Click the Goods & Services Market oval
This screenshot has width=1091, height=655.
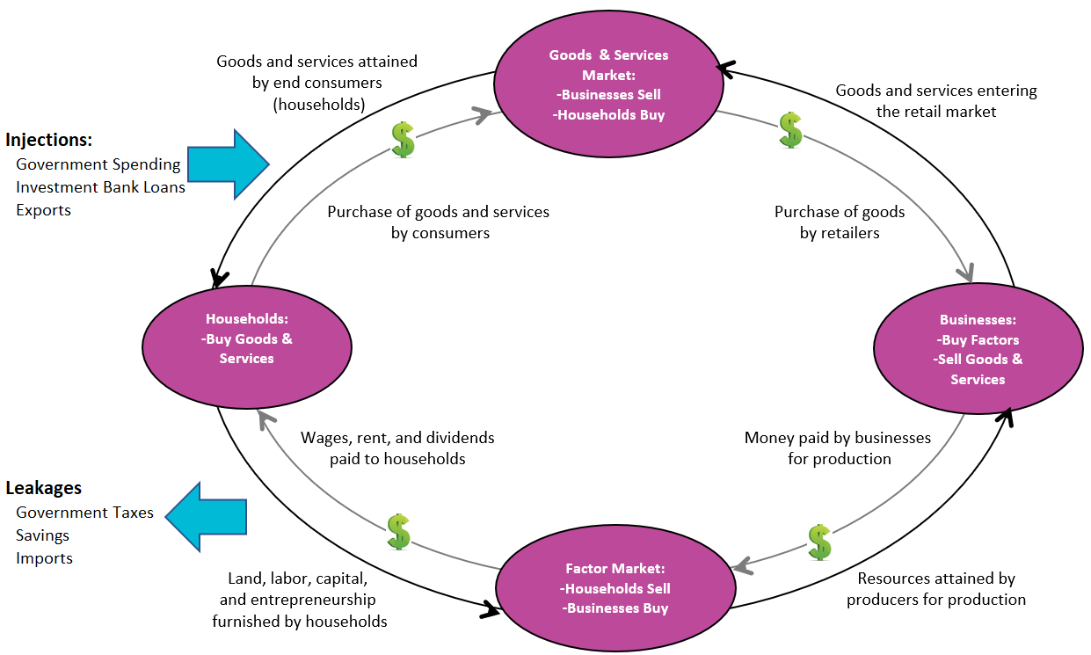coord(607,84)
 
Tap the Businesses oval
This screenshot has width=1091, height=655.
coord(978,349)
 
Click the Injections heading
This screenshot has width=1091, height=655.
coord(49,140)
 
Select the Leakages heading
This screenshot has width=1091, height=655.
coord(44,488)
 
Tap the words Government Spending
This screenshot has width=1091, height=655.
coord(98,164)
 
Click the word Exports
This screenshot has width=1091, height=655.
coord(43,210)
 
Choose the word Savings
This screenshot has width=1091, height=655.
coord(42,535)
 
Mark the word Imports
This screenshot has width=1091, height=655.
coord(44,558)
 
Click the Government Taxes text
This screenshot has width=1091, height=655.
coord(84,513)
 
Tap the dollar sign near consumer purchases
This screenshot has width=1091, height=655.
coord(403,140)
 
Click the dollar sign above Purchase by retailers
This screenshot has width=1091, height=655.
coord(790,130)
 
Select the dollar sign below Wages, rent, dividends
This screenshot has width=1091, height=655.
coord(399,532)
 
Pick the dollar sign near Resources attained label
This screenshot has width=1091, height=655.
coord(819,542)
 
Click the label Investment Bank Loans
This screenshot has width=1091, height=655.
coord(100,187)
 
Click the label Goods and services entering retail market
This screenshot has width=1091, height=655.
coord(936,101)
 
